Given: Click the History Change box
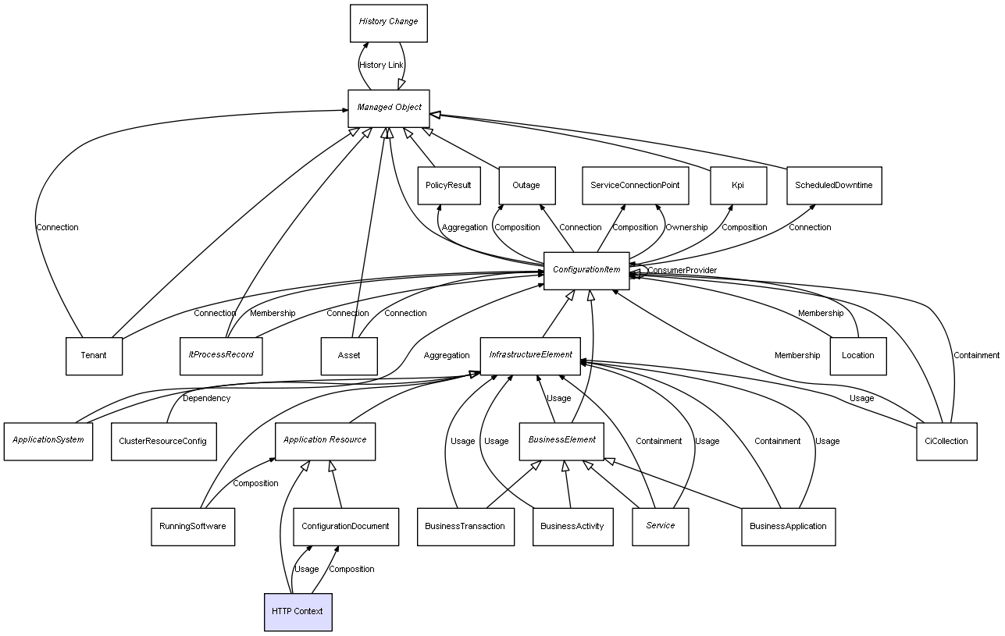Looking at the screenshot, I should click(388, 23).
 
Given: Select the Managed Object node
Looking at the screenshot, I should click(389, 108).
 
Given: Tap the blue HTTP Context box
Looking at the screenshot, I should click(298, 611).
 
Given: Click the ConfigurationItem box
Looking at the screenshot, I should click(586, 271).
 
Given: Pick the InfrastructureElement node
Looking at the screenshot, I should click(530, 356).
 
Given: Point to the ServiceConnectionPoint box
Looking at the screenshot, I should click(635, 186).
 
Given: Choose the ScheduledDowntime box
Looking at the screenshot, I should click(834, 186).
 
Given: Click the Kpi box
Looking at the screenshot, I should click(738, 186).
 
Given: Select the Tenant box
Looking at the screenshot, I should click(94, 356).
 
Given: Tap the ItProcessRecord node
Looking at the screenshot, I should click(221, 356).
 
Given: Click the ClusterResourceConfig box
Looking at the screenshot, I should click(162, 442).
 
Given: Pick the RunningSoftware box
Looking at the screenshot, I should click(193, 527).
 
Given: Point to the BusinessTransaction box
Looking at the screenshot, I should click(465, 527).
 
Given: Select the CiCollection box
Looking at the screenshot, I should click(946, 442).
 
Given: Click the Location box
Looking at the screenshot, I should click(857, 356).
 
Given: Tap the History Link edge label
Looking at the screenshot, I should click(381, 66).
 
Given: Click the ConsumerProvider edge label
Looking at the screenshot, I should click(681, 271).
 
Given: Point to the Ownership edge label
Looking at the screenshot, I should click(686, 228).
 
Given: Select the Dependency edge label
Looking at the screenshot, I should click(206, 399).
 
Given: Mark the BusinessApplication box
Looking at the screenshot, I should click(788, 527).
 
